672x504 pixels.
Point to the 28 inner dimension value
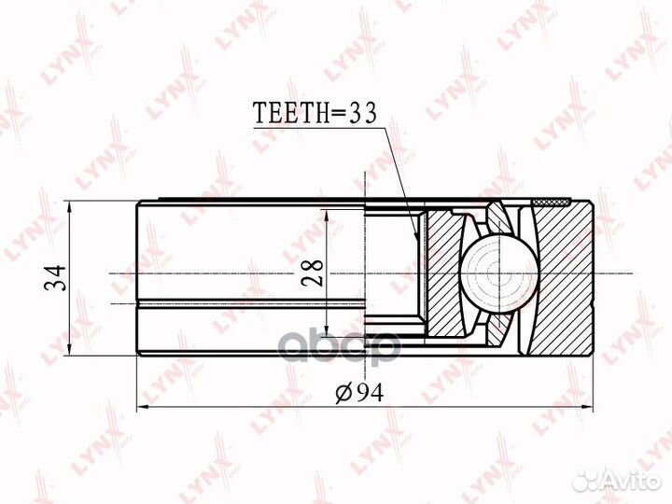pyautogui.click(x=314, y=271)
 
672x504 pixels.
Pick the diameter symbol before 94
pyautogui.click(x=342, y=392)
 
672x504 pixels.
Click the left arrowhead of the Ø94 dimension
pyautogui.click(x=141, y=408)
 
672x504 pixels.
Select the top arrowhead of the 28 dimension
pyautogui.click(x=329, y=214)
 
